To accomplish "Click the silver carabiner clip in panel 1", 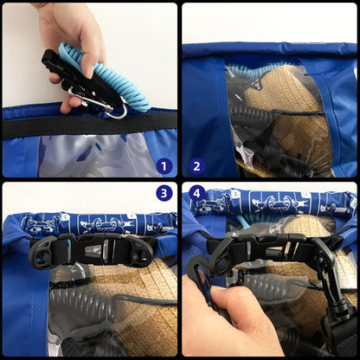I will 110,105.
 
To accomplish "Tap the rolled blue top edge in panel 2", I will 268,52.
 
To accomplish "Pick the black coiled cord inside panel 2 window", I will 260,138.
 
